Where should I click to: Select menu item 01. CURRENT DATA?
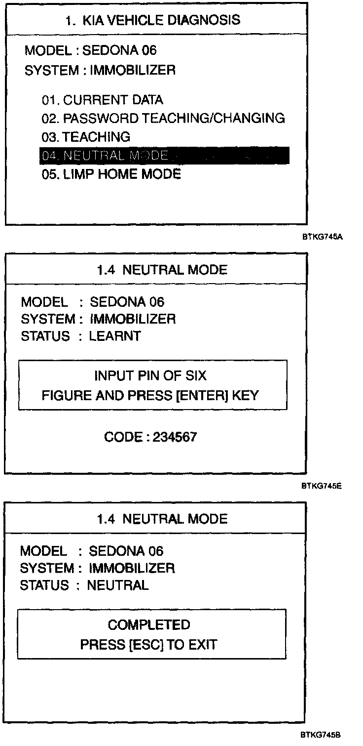coord(102,100)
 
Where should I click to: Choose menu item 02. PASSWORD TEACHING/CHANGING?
coord(163,118)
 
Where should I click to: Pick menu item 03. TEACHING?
coord(86,137)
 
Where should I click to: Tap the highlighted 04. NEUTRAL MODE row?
coord(164,156)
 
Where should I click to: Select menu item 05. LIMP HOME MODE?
coord(111,174)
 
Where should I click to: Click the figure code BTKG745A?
coord(322,237)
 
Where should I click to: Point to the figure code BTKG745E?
coord(322,486)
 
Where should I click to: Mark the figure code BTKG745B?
coord(322,735)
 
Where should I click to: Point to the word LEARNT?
coord(114,336)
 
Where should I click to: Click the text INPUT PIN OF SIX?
coord(150,376)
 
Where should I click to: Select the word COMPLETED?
coord(149,625)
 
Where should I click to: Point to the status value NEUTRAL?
coord(117,585)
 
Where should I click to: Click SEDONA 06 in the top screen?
coord(120,50)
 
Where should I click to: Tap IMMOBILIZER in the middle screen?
coord(132,319)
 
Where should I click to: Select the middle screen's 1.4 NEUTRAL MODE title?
coord(162,270)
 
